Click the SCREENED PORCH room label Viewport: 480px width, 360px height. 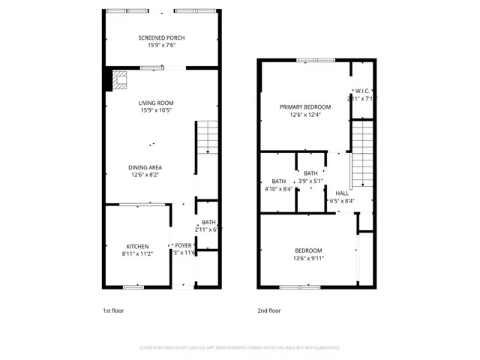click(x=161, y=37)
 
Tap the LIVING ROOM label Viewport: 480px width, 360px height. click(x=155, y=103)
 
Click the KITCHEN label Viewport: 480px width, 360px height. click(x=137, y=247)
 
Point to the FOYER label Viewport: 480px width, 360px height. click(x=183, y=245)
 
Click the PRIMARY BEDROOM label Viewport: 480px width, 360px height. click(x=305, y=106)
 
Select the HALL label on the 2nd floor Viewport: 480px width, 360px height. click(x=342, y=193)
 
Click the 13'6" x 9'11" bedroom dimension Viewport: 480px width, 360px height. click(x=307, y=259)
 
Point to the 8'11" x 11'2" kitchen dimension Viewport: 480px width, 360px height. click(x=137, y=254)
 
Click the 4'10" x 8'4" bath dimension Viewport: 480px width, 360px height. click(x=278, y=189)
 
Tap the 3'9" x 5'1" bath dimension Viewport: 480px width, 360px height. click(x=310, y=181)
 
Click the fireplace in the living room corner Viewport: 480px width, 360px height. click(x=118, y=79)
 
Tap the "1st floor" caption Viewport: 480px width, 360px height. click(x=113, y=310)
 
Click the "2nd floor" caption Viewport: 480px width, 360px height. click(x=268, y=310)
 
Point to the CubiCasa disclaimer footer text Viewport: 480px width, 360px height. click(x=239, y=348)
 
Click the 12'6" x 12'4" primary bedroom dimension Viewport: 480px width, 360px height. click(x=305, y=115)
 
